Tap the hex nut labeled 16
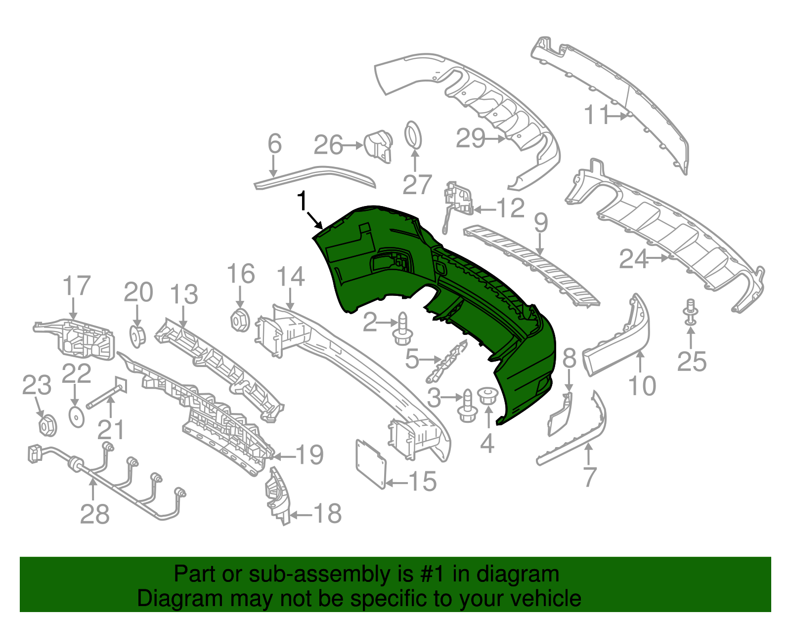pyautogui.click(x=240, y=321)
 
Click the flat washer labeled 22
pyautogui.click(x=77, y=417)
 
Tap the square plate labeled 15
pyautogui.click(x=370, y=463)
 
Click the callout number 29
pyautogui.click(x=470, y=138)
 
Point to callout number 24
pyautogui.click(x=633, y=259)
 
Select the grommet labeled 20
pyautogui.click(x=137, y=336)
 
